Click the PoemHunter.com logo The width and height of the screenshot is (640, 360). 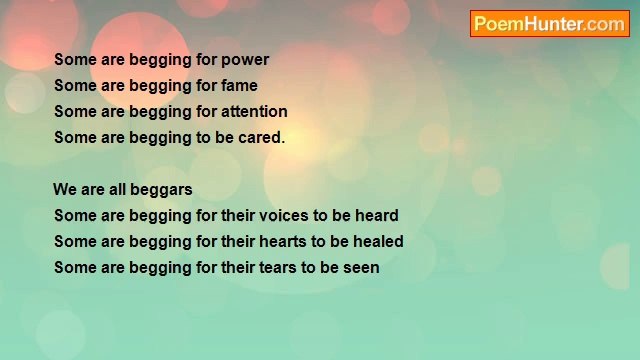[x=550, y=24]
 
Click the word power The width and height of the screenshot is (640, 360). [x=245, y=60]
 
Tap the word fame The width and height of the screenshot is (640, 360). [x=238, y=86]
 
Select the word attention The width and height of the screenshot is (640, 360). [x=254, y=112]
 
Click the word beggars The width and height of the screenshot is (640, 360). [x=160, y=190]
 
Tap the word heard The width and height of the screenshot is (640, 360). [x=375, y=216]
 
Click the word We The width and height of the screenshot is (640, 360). [x=65, y=190]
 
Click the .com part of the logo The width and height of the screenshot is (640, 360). [x=606, y=24]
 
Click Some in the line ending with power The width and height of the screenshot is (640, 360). [x=74, y=60]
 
